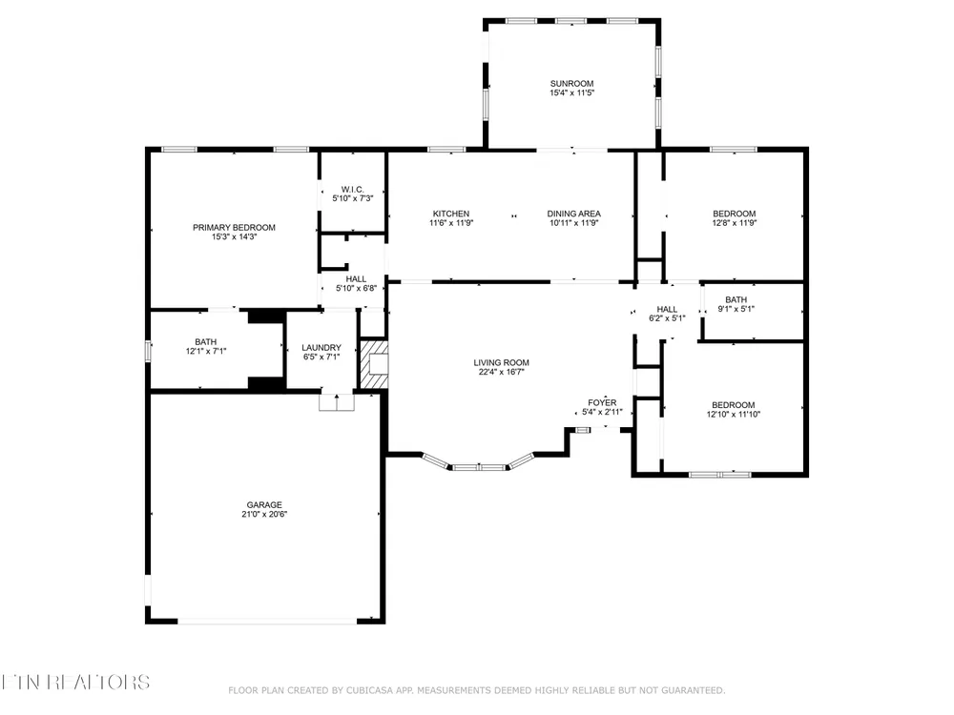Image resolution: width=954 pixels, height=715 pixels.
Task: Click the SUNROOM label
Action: [x=571, y=83]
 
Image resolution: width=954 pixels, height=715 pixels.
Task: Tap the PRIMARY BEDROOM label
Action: [x=235, y=228]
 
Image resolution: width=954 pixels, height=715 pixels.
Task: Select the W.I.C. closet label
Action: [x=352, y=189]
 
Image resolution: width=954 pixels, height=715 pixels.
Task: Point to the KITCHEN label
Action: [x=451, y=214]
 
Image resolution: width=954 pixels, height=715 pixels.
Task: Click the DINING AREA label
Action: [x=573, y=214]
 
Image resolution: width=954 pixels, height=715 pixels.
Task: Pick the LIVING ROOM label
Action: [x=502, y=362]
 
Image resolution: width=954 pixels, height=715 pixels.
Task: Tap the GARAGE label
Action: [x=264, y=504]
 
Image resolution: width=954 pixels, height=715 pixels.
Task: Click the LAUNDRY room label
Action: [x=321, y=348]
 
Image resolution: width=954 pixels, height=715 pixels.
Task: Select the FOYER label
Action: [x=602, y=402]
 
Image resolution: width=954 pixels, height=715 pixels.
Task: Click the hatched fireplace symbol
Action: [x=374, y=364]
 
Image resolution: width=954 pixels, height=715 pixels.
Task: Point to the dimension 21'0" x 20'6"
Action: [x=264, y=514]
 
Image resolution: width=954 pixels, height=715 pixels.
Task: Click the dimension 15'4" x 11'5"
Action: [x=571, y=92]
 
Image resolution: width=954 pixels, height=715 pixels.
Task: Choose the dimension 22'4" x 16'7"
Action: [x=502, y=372]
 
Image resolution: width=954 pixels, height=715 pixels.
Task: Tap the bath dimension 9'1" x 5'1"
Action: [x=736, y=308]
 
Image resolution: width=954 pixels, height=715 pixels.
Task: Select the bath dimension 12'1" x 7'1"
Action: [x=206, y=351]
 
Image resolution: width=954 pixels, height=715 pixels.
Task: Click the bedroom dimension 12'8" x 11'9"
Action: [x=735, y=222]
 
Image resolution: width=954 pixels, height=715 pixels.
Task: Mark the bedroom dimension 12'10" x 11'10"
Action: [x=733, y=414]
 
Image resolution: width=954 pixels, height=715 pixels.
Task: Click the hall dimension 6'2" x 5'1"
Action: [x=667, y=318]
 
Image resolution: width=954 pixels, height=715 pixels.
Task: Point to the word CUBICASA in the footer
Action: [x=369, y=690]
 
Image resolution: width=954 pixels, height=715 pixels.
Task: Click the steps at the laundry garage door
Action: [x=337, y=402]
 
